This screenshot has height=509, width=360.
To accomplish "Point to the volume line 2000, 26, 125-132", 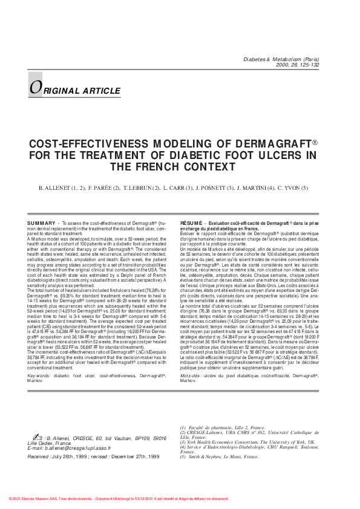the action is [x=300, y=66].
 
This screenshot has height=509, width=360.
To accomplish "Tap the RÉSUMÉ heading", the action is [x=192, y=223].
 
